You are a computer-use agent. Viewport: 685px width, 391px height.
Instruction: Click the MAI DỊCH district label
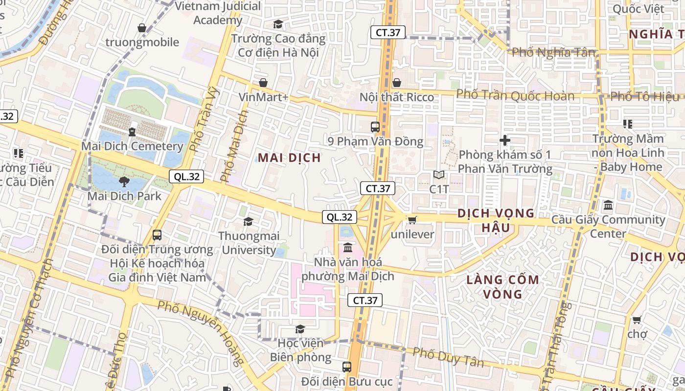[289, 157]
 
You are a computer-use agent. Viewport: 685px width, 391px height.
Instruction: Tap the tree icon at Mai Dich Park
[124, 182]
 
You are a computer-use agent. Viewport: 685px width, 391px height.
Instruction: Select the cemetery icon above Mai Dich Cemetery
[132, 131]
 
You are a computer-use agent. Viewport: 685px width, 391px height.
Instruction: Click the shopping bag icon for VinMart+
[263, 83]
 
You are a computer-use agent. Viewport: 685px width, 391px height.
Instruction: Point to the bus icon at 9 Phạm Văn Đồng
[375, 127]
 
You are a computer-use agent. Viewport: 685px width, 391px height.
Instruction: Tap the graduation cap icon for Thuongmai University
[249, 221]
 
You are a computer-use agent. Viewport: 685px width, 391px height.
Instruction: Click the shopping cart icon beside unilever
[412, 220]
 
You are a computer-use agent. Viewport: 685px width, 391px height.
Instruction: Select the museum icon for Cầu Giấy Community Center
[608, 205]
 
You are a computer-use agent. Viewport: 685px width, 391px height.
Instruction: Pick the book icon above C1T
[439, 174]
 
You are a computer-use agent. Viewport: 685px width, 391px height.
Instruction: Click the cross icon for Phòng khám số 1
[505, 141]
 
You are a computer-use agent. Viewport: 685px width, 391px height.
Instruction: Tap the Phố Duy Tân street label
[448, 357]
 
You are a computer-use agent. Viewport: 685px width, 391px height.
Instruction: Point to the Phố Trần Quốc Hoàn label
[515, 95]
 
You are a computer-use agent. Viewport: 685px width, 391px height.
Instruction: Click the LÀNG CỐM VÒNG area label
[502, 287]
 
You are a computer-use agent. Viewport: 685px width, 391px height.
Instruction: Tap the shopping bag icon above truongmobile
[142, 28]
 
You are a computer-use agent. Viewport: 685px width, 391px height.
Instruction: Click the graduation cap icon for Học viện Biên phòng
[300, 329]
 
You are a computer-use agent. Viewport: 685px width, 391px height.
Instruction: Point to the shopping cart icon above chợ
[637, 320]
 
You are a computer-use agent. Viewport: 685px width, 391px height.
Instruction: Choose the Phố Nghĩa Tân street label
[553, 52]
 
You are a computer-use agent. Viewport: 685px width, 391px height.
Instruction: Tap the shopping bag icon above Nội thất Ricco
[397, 83]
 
